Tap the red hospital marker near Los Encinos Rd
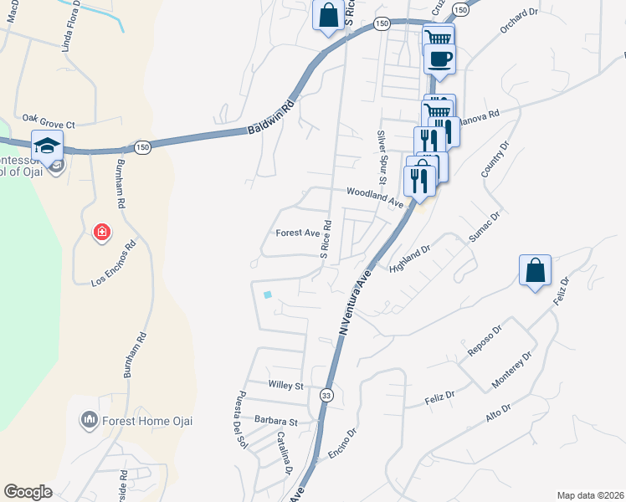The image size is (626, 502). point(101,232)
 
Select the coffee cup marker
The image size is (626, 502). point(440,59)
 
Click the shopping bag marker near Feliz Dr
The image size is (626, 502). point(535,271)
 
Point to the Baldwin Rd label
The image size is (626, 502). point(273,120)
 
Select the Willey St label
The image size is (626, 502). point(285,386)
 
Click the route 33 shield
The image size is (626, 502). point(326,395)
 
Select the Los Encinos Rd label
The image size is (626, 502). point(113,264)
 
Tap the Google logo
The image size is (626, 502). point(28,492)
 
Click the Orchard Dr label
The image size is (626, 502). point(521,19)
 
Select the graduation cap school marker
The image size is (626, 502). point(47,144)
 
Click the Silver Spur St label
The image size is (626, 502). point(382,156)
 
